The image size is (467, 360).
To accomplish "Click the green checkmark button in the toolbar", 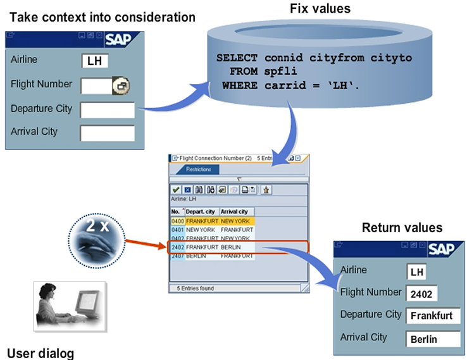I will [176, 189].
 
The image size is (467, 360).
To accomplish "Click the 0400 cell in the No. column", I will [177, 221].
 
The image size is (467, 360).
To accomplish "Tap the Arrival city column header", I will [237, 211].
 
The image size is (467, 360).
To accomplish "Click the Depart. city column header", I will [202, 211].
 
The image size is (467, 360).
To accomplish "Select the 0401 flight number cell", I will [177, 230].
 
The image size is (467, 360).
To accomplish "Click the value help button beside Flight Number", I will [120, 85].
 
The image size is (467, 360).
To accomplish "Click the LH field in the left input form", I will [95, 61].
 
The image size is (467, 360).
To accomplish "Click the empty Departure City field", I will [107, 110].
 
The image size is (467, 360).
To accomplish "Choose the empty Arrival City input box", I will [107, 133].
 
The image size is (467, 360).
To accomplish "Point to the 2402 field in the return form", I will [421, 294].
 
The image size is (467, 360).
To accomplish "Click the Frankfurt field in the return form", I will [433, 316].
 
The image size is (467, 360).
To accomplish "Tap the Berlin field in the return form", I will [433, 339].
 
